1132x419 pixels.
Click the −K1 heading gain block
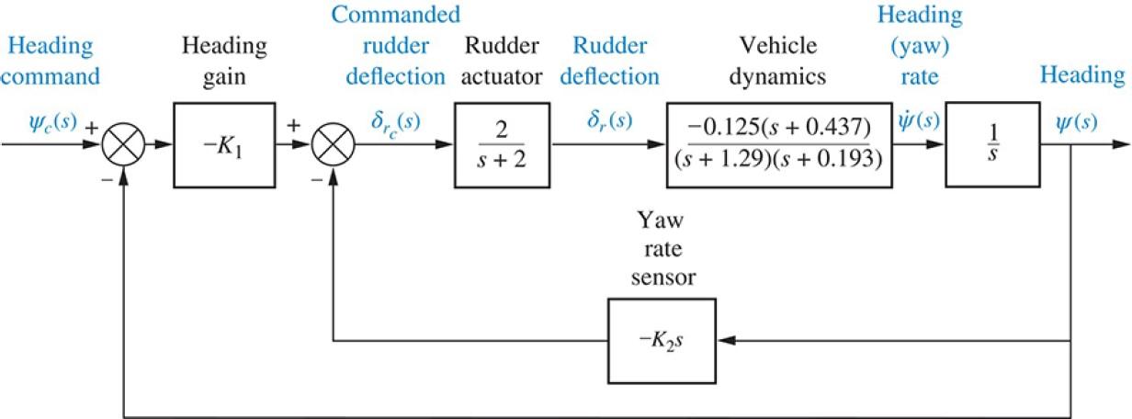(x=224, y=144)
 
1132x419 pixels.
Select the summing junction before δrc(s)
(x=333, y=144)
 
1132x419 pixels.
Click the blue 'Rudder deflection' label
(x=615, y=60)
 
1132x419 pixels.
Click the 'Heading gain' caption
(x=224, y=60)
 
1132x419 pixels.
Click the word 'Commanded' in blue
(x=396, y=16)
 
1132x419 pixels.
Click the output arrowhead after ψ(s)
(x=1120, y=144)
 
